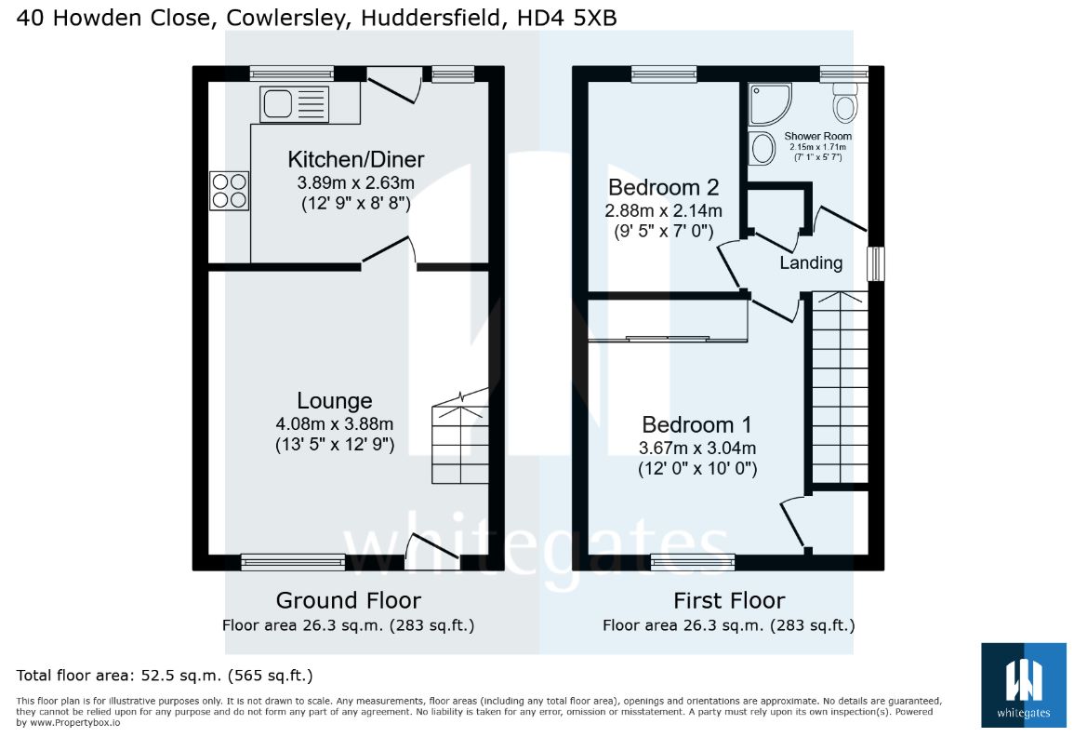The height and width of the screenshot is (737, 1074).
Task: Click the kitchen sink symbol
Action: coord(294,104)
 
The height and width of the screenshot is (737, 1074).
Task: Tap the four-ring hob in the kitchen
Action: coord(229,191)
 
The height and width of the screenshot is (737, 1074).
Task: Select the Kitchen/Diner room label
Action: coord(355,159)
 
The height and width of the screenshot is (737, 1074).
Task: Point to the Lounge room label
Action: coord(334,400)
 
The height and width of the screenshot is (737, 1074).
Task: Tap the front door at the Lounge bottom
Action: coord(431,551)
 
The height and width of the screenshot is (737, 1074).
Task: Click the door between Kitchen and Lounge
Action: coord(389,250)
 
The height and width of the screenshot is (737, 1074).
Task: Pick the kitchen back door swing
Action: coord(394,85)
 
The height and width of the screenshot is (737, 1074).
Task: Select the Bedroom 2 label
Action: coord(663,186)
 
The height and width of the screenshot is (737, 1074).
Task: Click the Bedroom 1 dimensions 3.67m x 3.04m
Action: coord(697,449)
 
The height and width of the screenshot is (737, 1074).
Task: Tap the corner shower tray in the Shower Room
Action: coord(770,104)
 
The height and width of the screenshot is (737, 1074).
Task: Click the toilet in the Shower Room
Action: coord(844,101)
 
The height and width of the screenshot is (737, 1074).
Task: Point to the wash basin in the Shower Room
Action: coord(761,147)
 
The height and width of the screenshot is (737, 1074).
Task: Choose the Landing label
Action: coord(811,262)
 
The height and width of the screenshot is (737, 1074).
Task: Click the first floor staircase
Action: coord(840,388)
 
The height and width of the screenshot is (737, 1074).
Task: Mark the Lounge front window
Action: coord(293,562)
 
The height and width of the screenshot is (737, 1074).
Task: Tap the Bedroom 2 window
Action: coord(664,74)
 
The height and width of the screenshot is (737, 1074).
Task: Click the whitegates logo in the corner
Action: coord(1023,685)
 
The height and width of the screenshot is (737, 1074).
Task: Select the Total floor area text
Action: coord(165,676)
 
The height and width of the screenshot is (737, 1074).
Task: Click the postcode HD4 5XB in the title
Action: coord(567,18)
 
